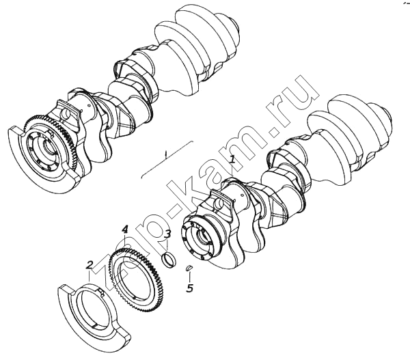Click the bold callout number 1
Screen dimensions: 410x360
point(232,159)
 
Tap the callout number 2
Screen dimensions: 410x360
point(90,265)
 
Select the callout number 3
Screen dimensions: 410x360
point(167,234)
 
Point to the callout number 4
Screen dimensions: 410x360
point(125,230)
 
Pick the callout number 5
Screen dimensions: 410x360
point(189,288)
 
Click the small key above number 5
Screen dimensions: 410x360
point(189,268)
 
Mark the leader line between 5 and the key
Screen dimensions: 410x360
point(189,277)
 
